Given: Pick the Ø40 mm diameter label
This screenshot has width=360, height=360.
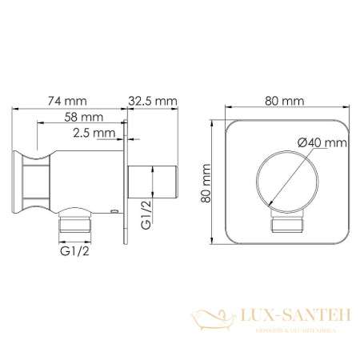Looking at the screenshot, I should click(x=321, y=142).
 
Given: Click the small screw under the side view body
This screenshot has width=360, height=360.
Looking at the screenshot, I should click(x=114, y=211).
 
